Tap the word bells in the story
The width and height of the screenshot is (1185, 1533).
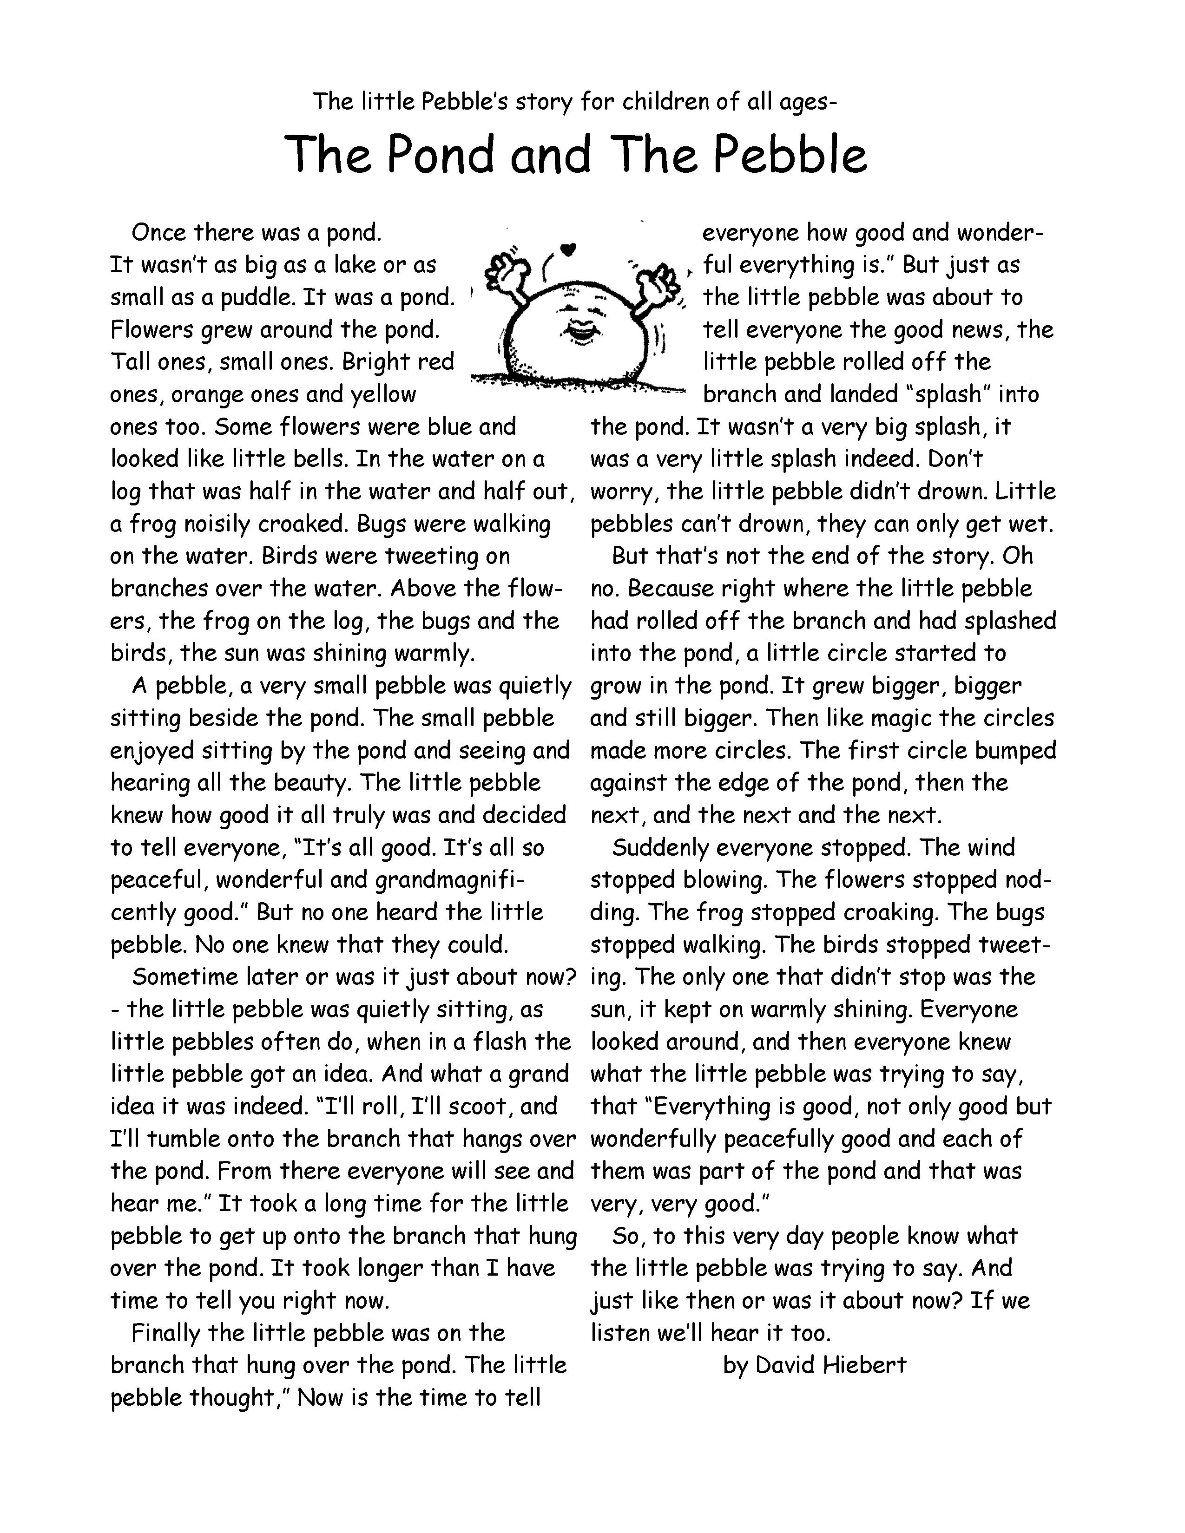tap(318, 459)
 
